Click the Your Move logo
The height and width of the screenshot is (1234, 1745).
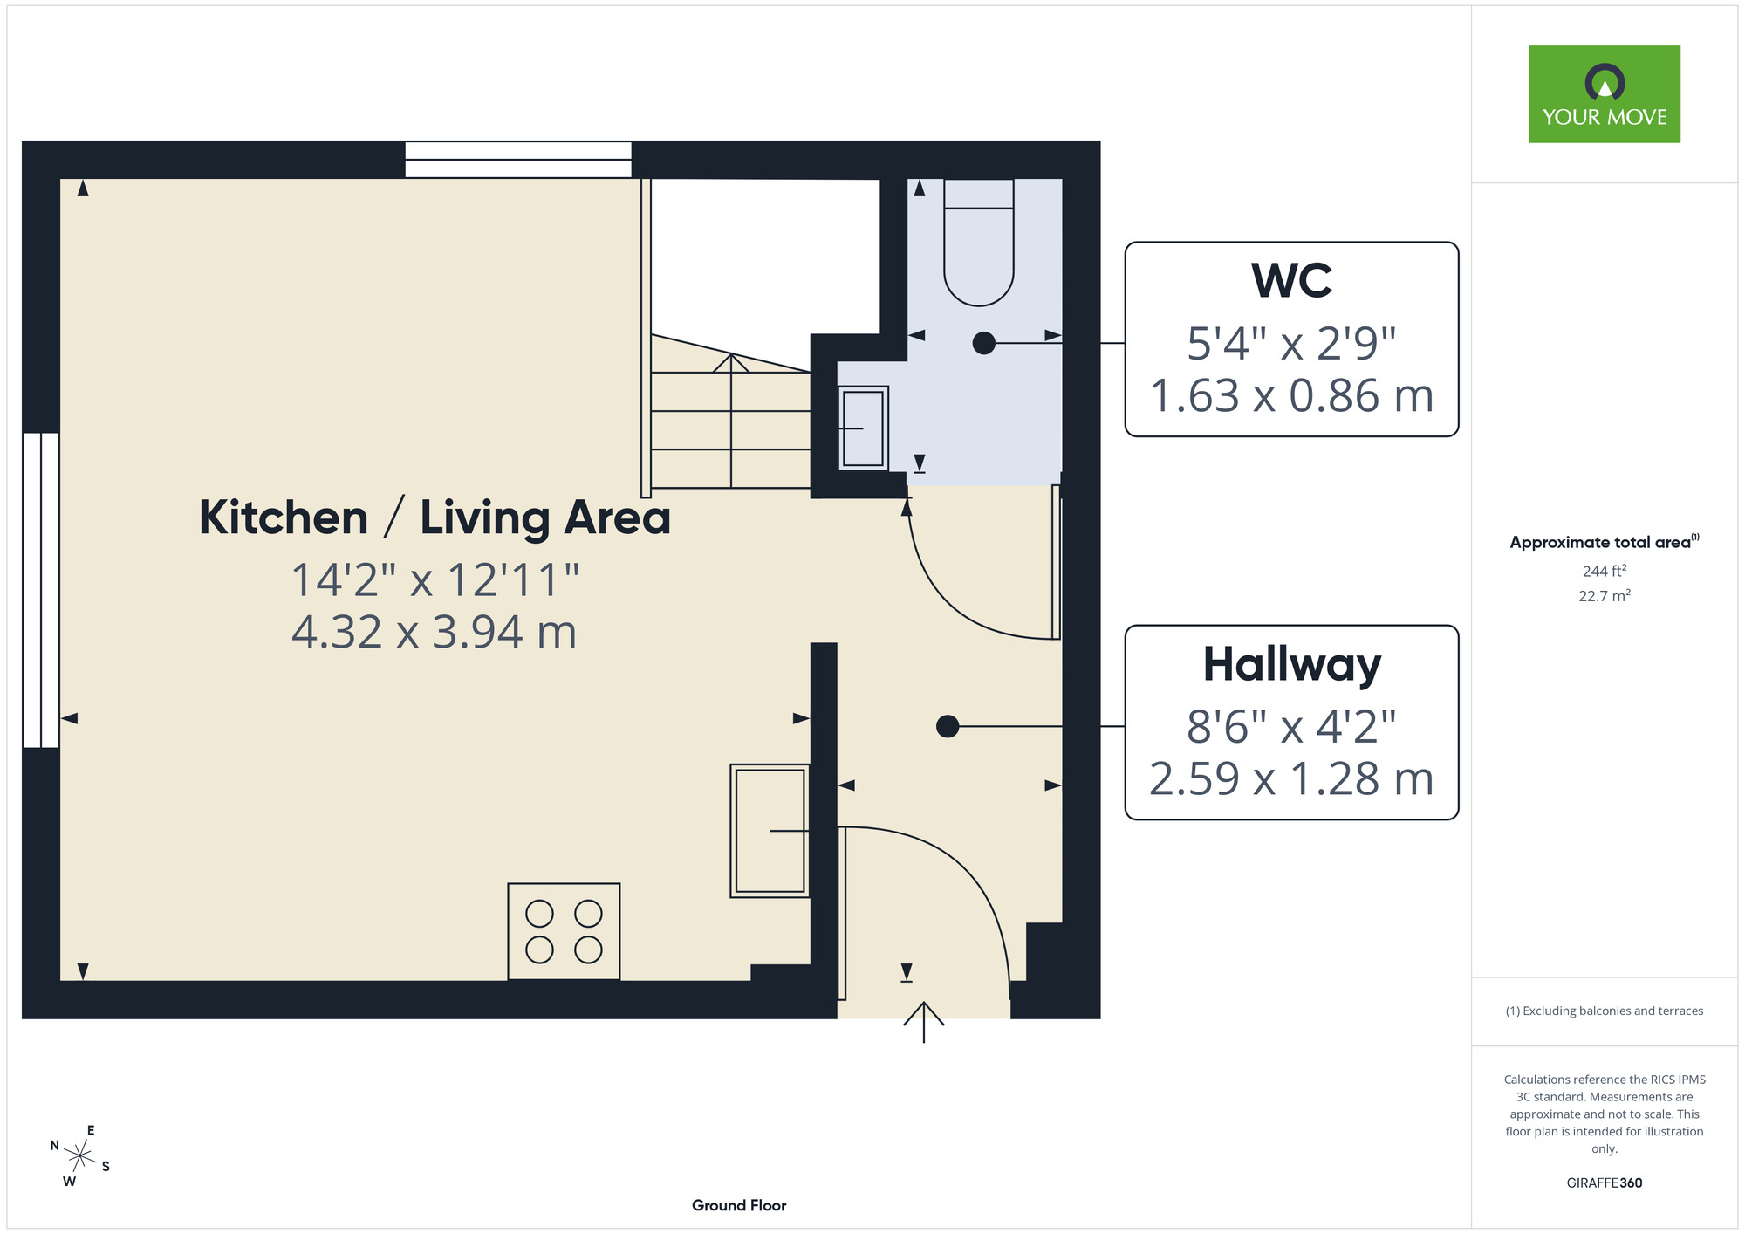point(1604,94)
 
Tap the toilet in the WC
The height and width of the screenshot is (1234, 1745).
point(979,243)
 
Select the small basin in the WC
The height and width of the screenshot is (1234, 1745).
point(864,428)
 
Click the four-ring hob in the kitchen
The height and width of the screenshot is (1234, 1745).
point(564,931)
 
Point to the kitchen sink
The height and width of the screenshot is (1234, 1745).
point(770,831)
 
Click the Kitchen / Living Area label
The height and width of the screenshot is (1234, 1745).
point(435,518)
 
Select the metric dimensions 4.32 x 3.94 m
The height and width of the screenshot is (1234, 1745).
point(435,632)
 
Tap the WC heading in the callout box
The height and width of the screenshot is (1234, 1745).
point(1291,281)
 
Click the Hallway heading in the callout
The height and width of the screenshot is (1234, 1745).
point(1291,666)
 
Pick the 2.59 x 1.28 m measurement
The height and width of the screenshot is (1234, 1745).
point(1291,778)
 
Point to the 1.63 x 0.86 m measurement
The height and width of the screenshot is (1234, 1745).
point(1291,395)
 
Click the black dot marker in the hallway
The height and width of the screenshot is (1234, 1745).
point(948,726)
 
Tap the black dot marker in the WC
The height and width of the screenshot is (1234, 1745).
point(983,343)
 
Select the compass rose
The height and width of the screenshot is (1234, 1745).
point(80,1157)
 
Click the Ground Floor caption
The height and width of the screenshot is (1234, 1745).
point(739,1205)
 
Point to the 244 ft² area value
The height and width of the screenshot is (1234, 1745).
point(1605,571)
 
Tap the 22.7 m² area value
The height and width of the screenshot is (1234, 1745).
point(1605,596)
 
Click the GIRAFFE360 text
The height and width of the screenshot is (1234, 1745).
point(1605,1183)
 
